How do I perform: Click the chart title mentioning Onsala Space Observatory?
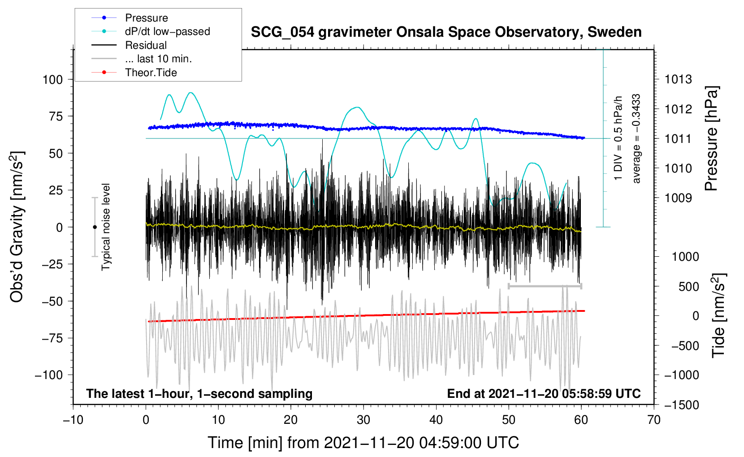(446, 32)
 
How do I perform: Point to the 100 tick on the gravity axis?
(52, 80)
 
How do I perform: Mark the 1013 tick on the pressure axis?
(678, 80)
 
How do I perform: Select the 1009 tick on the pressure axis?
(678, 198)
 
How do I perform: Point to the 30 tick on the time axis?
(363, 420)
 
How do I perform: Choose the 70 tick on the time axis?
(654, 420)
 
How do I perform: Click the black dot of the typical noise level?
(95, 227)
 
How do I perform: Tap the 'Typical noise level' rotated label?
(106, 227)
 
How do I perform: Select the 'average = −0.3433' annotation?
(636, 139)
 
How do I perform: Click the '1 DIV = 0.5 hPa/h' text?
(619, 138)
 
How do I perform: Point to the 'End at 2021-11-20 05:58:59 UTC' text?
(544, 394)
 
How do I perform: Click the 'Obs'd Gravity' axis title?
(17, 227)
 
